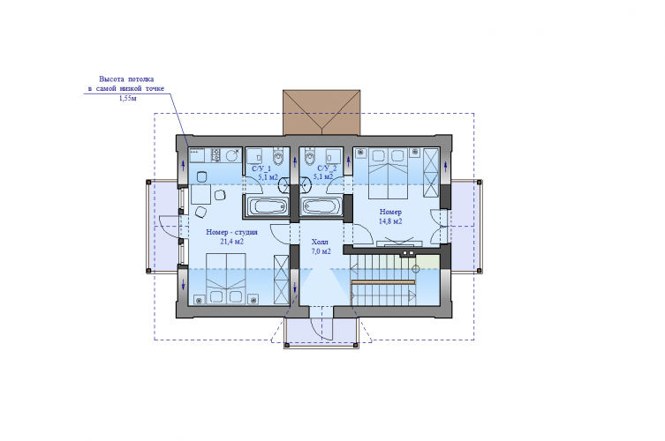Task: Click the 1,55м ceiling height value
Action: pos(128,99)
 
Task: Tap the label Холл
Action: pos(320,243)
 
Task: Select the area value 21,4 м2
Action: pos(231,242)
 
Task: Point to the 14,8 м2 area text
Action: pos(390,221)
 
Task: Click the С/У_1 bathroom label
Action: pos(261,168)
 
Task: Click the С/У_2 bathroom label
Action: pos(327,168)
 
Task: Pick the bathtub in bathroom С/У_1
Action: pos(268,206)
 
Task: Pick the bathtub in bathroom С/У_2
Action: pos(322,206)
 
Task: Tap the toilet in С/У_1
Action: pos(278,157)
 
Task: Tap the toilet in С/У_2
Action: pos(309,157)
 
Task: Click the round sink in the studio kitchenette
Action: pos(231,155)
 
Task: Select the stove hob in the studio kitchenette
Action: pos(215,155)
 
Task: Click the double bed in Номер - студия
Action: pos(226,279)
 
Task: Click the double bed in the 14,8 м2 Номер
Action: pos(388,173)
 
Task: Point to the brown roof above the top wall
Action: pos(321,112)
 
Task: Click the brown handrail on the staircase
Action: pos(383,281)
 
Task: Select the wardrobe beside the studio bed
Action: pos(281,280)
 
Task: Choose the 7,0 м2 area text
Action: pos(321,251)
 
